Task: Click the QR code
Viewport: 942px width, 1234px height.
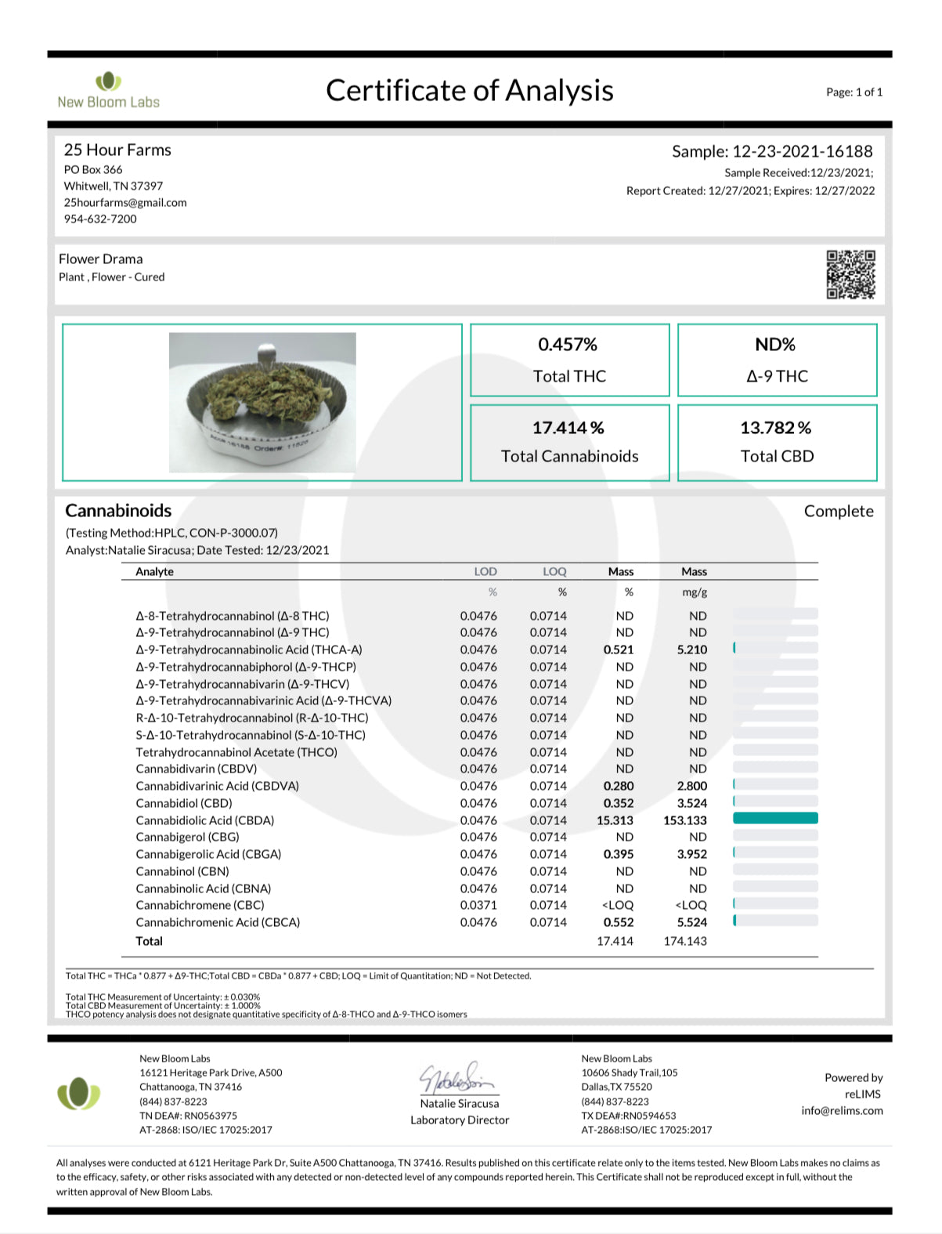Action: (x=850, y=274)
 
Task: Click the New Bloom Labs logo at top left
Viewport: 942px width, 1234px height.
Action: (x=108, y=90)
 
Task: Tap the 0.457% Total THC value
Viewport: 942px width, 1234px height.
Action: (x=568, y=345)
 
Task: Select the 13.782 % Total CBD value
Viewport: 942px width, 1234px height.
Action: (x=775, y=428)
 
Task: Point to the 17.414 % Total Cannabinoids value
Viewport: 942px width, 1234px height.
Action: (x=568, y=428)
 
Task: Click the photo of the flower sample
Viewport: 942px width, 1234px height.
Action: (x=262, y=402)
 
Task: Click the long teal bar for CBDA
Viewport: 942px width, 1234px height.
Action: (x=775, y=818)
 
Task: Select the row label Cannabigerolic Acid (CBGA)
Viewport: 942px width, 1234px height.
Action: (x=208, y=854)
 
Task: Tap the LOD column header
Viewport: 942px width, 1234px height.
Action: (x=485, y=572)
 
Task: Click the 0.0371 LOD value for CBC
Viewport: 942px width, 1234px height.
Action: (x=478, y=905)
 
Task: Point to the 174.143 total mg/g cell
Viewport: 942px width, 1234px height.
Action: (x=685, y=941)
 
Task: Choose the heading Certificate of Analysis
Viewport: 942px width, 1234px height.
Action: (x=470, y=91)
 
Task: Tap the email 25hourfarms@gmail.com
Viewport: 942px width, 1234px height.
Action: (x=125, y=202)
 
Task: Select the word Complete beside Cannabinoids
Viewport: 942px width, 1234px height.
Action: (x=839, y=511)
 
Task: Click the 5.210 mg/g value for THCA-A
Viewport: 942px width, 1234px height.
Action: (x=691, y=650)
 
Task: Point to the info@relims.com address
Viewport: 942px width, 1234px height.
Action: (x=842, y=1110)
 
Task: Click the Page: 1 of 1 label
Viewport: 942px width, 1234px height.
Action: (x=854, y=92)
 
